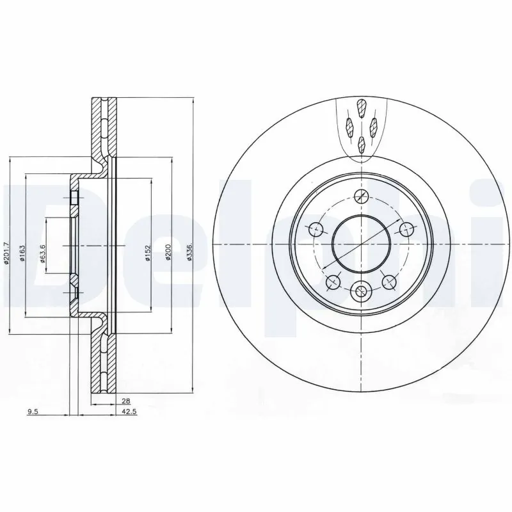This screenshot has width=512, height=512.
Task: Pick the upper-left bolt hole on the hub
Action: pos(315,227)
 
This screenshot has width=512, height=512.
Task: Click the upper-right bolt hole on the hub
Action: pos(404,227)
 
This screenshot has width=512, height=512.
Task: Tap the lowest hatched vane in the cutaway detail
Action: pos(362,143)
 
